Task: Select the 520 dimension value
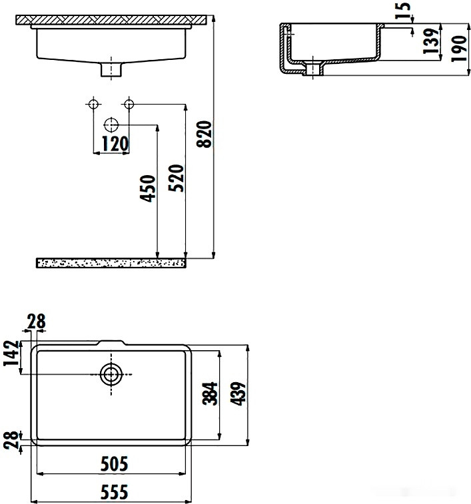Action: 177,178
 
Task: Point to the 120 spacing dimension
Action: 111,142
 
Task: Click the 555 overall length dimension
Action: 113,492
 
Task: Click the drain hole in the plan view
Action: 111,374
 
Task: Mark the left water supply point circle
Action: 93,104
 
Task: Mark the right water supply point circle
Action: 129,104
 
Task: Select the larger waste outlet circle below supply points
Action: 111,125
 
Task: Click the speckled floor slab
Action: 110,263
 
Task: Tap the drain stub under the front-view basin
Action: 111,69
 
